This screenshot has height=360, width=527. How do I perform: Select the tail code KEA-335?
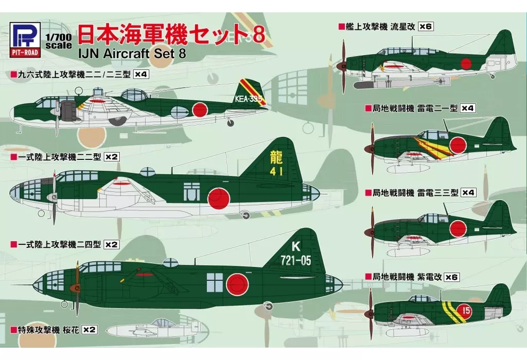tap(249, 99)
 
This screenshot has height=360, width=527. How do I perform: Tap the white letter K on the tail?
tap(295, 247)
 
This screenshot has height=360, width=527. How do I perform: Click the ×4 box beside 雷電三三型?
tap(468, 193)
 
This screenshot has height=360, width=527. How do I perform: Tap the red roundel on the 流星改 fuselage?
tap(466, 64)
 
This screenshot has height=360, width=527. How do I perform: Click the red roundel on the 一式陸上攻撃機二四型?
tap(238, 283)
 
